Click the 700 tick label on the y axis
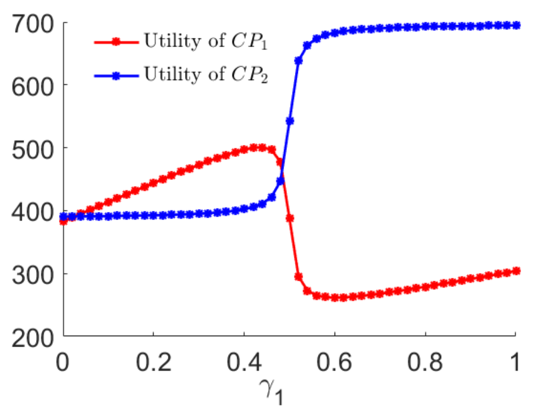coord(33,25)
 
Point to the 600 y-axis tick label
coord(33,87)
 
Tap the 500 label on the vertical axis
coord(33,150)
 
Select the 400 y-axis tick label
coord(33,213)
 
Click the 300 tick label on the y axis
coord(33,276)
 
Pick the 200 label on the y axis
coord(33,338)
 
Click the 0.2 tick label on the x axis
coord(154,362)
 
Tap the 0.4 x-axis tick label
coord(244,362)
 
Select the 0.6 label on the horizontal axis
coord(335,362)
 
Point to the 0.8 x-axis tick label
coord(425,362)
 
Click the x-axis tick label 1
coord(515,362)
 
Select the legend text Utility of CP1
coord(206,41)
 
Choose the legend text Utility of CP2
coord(206,74)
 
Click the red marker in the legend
coord(116,42)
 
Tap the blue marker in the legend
coord(116,76)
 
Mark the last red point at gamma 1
coord(517,271)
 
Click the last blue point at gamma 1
coord(517,25)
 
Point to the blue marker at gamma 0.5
coord(290,121)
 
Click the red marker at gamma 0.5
coord(290,218)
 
